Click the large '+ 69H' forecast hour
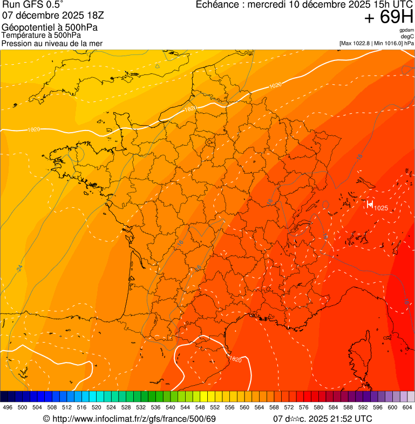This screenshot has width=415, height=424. (389, 17)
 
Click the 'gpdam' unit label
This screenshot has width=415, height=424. (406, 30)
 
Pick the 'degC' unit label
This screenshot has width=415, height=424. (407, 36)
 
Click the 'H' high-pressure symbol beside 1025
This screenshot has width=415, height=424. (370, 204)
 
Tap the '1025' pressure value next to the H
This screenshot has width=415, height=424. (381, 208)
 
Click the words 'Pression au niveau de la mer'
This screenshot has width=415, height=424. (52, 43)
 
